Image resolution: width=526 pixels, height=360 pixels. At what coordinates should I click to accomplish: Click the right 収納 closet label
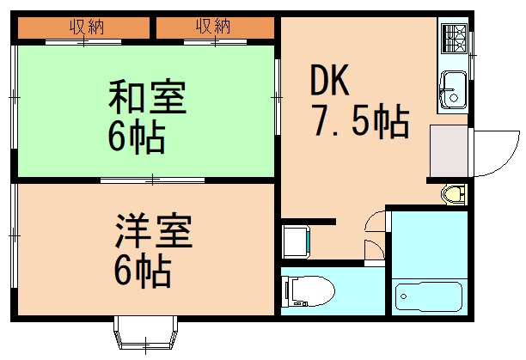213,27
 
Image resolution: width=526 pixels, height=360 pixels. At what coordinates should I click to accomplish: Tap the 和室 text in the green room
146,98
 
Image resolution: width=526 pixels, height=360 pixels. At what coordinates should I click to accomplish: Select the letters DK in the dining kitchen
329,82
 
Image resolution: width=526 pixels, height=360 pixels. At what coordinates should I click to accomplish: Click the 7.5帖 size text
359,124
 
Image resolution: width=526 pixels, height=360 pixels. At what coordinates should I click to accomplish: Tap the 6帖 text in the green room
136,137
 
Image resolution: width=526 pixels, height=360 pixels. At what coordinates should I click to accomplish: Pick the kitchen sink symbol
452,88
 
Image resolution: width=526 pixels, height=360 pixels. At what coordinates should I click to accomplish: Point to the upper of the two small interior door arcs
375,221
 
